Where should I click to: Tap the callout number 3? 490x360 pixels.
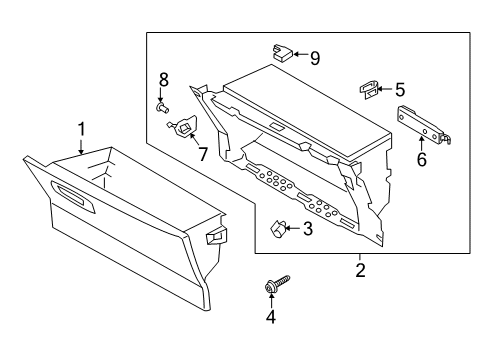coord(308,229)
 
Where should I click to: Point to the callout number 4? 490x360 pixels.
coord(269,317)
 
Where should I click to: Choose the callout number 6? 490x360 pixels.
coord(421,159)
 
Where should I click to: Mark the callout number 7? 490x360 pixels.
coord(202,154)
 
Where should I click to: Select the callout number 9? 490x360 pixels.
coord(314,58)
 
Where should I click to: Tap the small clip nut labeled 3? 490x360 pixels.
coord(279,229)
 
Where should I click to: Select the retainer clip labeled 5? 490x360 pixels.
coord(368,90)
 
